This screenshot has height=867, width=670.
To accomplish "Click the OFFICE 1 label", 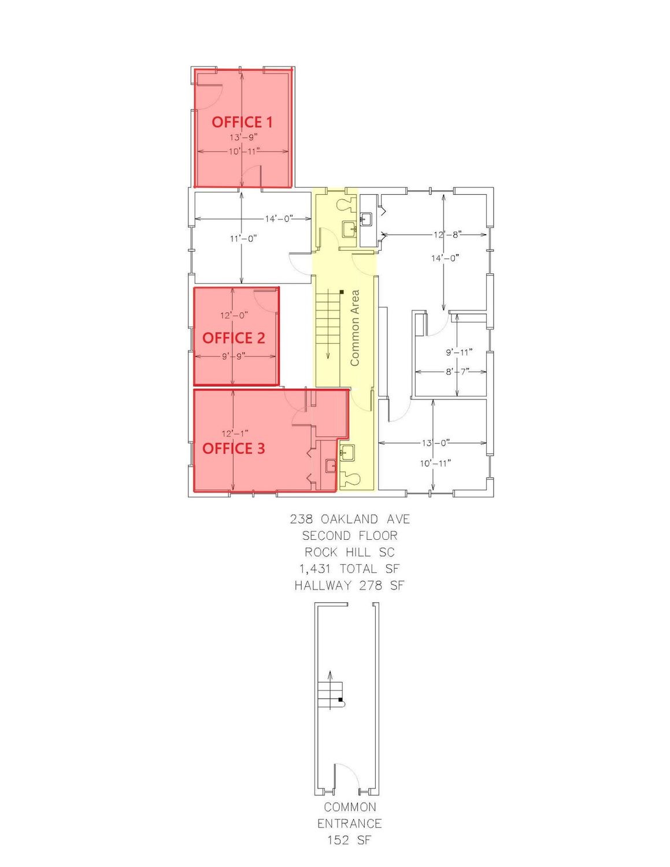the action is pos(242,122).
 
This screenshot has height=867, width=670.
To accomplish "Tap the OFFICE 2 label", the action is pos(234,338).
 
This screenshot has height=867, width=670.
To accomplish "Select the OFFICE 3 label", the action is pos(234,448).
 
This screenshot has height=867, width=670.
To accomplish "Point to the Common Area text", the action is pos(354,328).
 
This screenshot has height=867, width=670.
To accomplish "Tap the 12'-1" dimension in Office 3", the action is pos(235,433).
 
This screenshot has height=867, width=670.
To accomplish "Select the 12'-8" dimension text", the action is pos(447,235).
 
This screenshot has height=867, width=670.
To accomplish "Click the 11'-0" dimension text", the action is pos(243,239).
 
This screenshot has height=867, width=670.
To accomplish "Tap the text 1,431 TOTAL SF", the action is pos(350,568).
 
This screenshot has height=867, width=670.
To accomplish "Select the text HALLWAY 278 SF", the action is pos(350,585).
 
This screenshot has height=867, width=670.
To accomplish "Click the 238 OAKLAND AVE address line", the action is pos(350,518).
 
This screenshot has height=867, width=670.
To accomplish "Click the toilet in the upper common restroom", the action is pos(346,204).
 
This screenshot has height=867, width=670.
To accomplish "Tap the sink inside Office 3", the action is pos(331,466).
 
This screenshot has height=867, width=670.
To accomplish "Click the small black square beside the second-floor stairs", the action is pos(342,292).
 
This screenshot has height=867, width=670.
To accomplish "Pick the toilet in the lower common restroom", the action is pos(351,477).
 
